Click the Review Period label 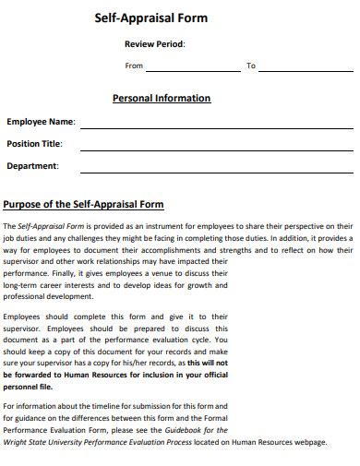click(154, 44)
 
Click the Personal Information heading click(162, 98)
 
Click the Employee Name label click(41, 122)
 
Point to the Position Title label click(34, 144)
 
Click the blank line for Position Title click(217, 148)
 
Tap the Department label click(32, 166)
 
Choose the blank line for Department click(217, 170)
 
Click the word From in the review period click(134, 66)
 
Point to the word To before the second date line click(250, 66)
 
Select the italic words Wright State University click(45, 442)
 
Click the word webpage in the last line click(309, 442)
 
